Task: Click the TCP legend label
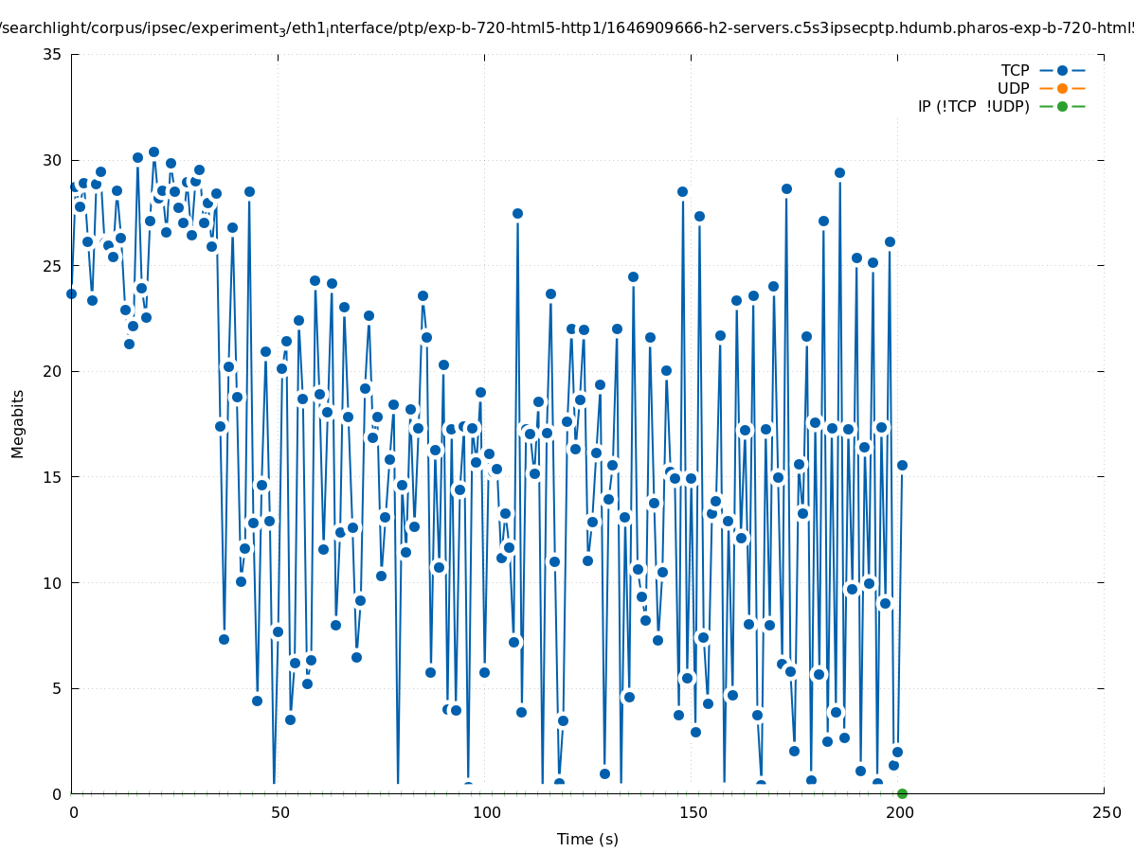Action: pyautogui.click(x=1015, y=70)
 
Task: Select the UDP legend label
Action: pyautogui.click(x=1013, y=88)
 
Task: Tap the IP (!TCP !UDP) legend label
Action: pyautogui.click(x=973, y=106)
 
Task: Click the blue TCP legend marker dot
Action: pyautogui.click(x=1062, y=70)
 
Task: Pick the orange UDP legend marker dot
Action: pyautogui.click(x=1062, y=88)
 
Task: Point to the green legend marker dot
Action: pyautogui.click(x=1062, y=106)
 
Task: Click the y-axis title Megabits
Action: pyautogui.click(x=18, y=423)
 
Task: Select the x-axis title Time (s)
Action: pyautogui.click(x=587, y=839)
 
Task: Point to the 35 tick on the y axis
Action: pyautogui.click(x=53, y=54)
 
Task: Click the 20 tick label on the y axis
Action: pyautogui.click(x=53, y=371)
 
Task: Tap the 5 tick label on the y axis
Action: pyautogui.click(x=57, y=688)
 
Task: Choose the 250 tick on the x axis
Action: pyautogui.click(x=1106, y=812)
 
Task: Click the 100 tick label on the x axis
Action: pyautogui.click(x=486, y=812)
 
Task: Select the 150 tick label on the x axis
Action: pyautogui.click(x=693, y=812)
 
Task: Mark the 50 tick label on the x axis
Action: pyautogui.click(x=279, y=812)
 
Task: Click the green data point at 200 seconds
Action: pyautogui.click(x=902, y=793)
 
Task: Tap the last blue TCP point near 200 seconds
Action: pyautogui.click(x=902, y=465)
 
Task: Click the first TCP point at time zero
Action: pyautogui.click(x=71, y=293)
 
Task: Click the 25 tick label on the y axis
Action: pyautogui.click(x=53, y=265)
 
